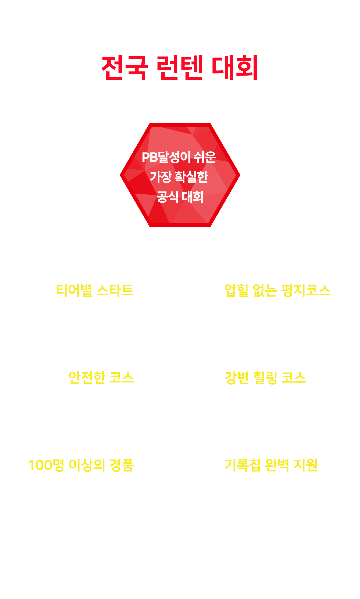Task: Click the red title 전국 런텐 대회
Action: coord(180,68)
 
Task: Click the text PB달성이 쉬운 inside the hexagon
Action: coord(179,157)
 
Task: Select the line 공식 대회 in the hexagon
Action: coord(180,197)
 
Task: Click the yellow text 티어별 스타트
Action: coord(95,290)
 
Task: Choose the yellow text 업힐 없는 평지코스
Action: coord(277,290)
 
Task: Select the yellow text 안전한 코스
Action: coord(101,377)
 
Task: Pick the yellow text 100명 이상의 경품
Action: coord(81,465)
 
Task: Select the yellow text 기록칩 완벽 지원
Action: coord(271,465)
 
